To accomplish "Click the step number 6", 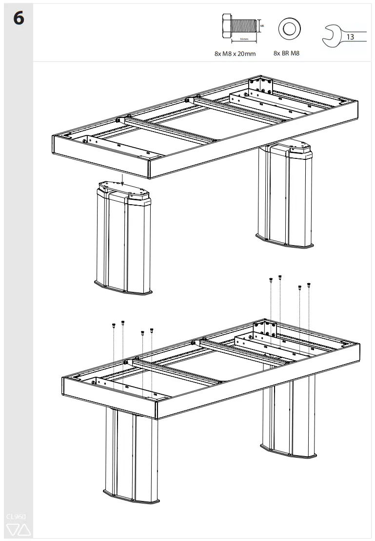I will pos(18,19).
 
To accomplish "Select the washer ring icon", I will pos(289,29).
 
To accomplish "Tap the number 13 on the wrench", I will pos(350,37).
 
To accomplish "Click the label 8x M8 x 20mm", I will pos(235,54).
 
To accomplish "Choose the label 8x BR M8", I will pos(286,53).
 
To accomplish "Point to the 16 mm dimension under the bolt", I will pos(244,39).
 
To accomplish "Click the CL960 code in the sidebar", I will pos(16,516).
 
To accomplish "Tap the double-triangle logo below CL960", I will pos(18,529).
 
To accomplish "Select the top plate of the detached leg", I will pos(122,188).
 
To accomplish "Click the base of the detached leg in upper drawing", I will pos(123,289).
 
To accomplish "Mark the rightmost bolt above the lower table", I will pos(309,286).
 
